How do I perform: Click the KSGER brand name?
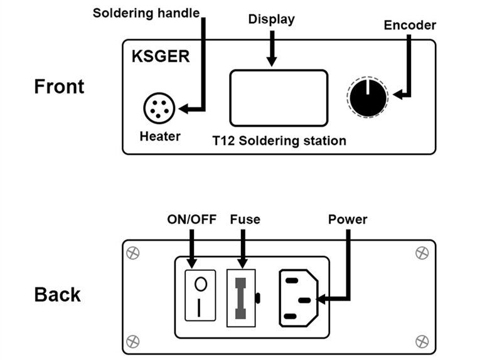pos(161,56)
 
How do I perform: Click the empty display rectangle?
pos(279,98)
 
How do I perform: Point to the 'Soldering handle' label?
pos(146,13)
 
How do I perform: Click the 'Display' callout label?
pos(271,19)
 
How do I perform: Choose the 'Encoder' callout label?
pos(410,25)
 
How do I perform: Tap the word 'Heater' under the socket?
pos(160,136)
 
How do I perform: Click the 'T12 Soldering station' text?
pos(279,140)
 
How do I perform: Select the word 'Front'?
pos(59,87)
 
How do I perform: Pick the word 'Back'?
pos(57,294)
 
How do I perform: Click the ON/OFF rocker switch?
pos(201,297)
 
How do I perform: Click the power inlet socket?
pos(298,297)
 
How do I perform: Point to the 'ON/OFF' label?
pos(191,220)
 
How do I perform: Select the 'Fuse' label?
pos(245,220)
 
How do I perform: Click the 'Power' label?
pos(348,220)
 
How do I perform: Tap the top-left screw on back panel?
pos(133,252)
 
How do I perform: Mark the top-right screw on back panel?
pos(421,252)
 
